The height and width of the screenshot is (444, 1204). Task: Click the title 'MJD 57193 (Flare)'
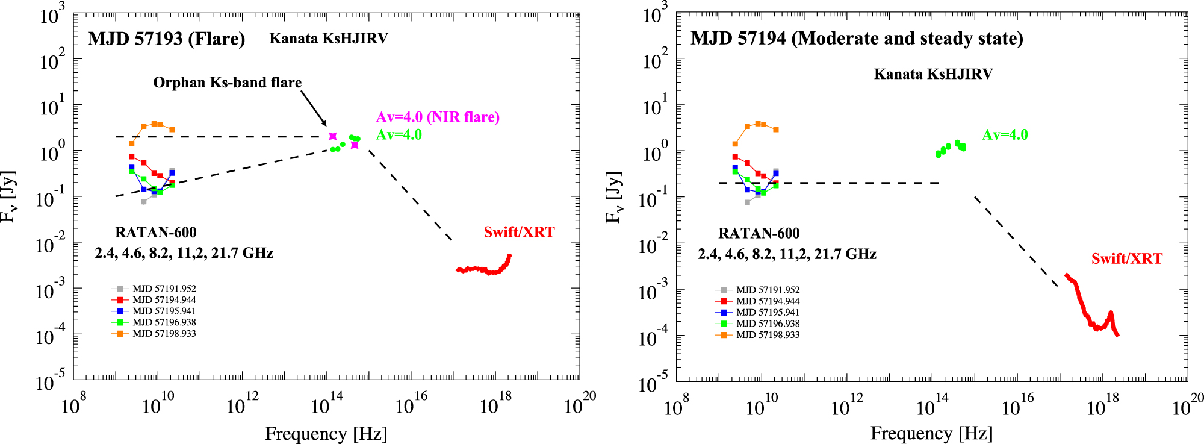coord(166,39)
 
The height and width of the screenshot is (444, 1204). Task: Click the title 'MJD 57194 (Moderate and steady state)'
coord(857,39)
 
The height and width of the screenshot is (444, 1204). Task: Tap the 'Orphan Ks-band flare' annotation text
coord(227,83)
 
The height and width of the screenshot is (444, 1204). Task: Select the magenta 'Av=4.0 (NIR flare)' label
coord(438,117)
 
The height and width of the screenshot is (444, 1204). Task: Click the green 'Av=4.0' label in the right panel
coord(1005,135)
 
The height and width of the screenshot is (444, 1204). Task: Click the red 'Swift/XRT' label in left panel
coord(519,233)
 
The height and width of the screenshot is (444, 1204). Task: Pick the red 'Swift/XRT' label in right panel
coord(1126,259)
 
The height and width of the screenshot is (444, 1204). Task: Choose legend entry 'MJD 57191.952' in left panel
coord(164,289)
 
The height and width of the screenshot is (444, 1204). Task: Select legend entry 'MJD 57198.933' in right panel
coord(768,335)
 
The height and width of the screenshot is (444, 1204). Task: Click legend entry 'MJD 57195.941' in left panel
coord(164,311)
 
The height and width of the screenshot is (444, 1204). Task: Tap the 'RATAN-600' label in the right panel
coord(759,234)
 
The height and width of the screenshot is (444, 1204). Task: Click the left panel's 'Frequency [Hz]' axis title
coord(326,434)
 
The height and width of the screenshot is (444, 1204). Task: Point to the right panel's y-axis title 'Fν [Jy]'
coord(613,197)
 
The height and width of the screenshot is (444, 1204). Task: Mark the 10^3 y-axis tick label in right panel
coord(654,13)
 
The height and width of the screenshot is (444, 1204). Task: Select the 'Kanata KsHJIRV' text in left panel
coord(328,39)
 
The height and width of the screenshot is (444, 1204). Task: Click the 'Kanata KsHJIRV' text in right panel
coord(933,74)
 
